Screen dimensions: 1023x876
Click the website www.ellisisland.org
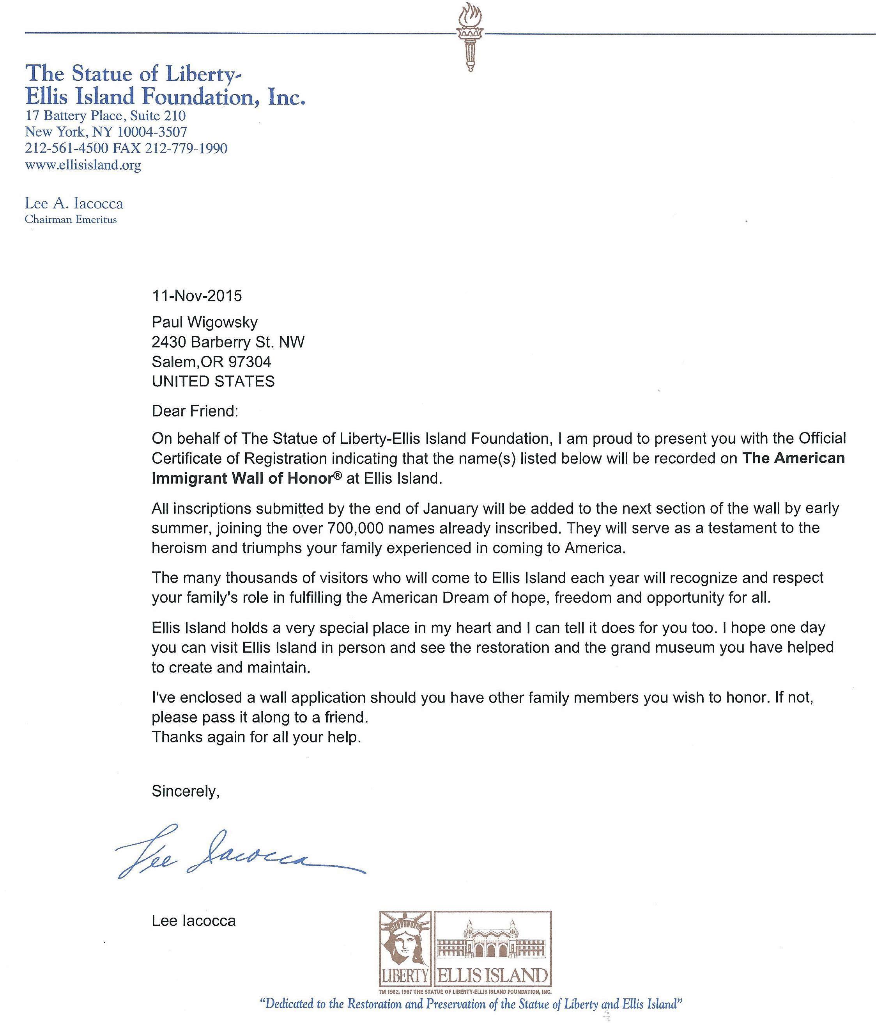[83, 165]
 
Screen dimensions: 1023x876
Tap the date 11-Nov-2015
[197, 296]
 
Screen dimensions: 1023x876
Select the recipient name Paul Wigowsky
[205, 322]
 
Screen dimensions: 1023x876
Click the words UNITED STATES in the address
[213, 381]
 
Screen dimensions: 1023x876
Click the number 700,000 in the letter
[354, 528]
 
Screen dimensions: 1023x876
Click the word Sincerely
[185, 792]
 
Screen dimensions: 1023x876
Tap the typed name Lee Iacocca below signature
[193, 921]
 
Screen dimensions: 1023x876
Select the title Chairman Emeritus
[71, 220]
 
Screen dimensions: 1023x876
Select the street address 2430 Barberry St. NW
[228, 342]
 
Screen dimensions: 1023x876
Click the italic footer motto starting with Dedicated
[471, 1004]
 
